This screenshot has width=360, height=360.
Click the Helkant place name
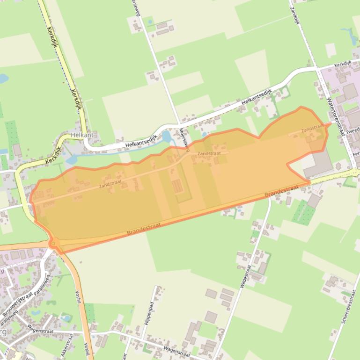tap(82, 135)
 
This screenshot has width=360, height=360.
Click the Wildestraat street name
tap(245, 276)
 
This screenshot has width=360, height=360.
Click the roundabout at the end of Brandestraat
tap(54, 243)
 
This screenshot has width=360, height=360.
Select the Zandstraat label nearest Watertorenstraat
tap(312, 127)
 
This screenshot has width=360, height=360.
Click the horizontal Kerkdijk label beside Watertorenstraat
tap(343, 63)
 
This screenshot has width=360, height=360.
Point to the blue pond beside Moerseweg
tap(166, 137)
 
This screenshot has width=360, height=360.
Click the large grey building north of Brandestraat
tap(320, 164)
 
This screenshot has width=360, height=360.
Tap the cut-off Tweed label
tap(353, 130)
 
